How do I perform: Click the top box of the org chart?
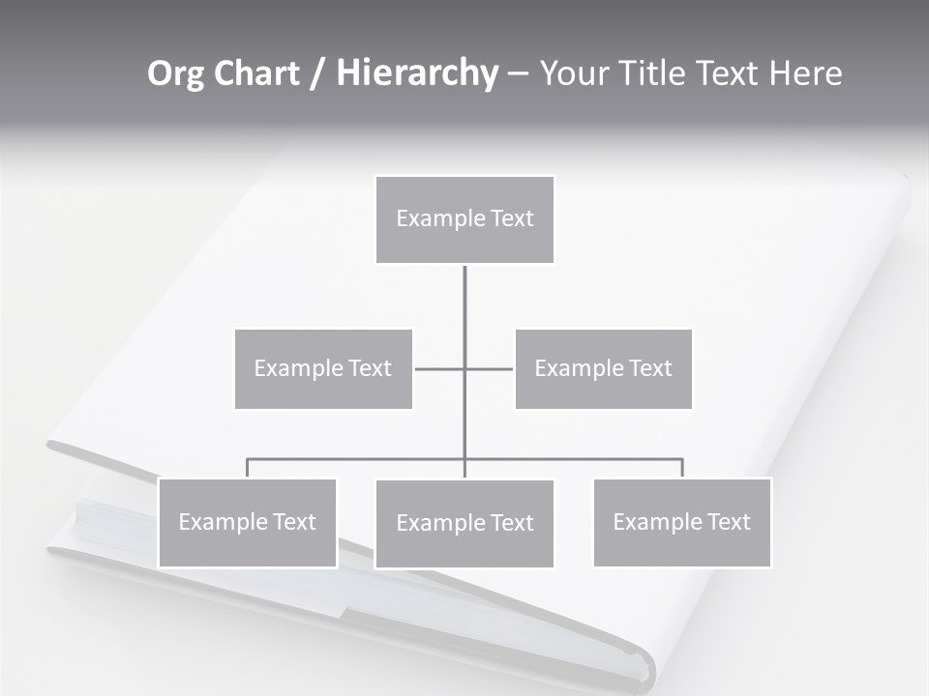coord(464,219)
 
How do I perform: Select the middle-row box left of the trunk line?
coord(323,368)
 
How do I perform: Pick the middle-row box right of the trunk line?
coord(604,368)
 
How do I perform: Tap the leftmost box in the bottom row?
coord(248,522)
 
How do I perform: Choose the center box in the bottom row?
coord(464,523)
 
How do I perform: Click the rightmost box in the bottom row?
coord(682,522)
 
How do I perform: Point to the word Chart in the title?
coord(255,73)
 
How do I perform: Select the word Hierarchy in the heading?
coord(416,73)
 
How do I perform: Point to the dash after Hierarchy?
coord(518,74)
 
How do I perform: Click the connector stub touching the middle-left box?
coord(437,368)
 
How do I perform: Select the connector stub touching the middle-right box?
coord(491,368)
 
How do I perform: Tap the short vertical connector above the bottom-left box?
coord(248,468)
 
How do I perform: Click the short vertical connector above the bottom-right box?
coord(682,468)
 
